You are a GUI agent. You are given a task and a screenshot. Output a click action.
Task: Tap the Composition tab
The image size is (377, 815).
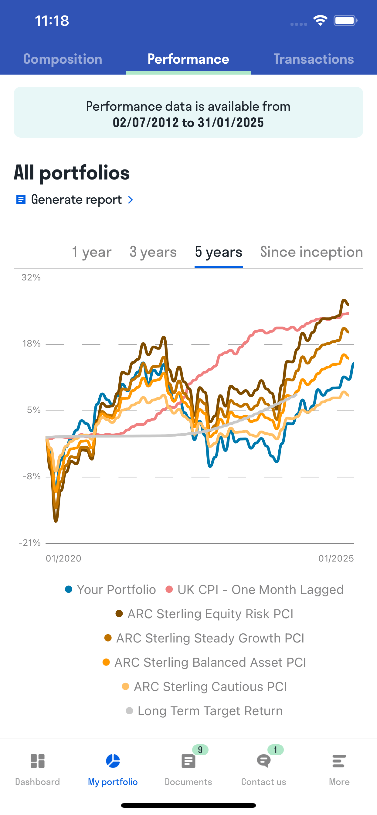coord(63,59)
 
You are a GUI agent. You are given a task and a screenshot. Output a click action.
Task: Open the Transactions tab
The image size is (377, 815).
coord(314,59)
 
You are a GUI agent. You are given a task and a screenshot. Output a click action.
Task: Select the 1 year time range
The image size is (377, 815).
coord(92,252)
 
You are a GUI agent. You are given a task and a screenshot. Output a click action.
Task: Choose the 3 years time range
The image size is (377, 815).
coord(153,252)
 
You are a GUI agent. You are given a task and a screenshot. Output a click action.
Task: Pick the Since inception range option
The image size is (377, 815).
coord(311,252)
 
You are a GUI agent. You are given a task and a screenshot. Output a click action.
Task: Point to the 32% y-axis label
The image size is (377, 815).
coord(31,277)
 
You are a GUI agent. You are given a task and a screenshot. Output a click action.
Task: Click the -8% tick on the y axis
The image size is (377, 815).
coord(31,476)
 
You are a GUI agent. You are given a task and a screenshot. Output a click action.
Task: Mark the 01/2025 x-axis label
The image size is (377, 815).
coord(336,558)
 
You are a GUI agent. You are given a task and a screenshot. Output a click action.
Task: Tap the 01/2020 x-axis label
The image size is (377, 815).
coord(64,558)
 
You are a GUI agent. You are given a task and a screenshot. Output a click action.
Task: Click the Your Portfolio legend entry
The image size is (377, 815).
coord(110,590)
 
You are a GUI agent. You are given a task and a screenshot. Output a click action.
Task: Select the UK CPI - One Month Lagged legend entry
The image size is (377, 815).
coord(255,590)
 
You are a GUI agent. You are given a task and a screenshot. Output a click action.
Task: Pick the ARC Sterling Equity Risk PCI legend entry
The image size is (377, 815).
coord(205,614)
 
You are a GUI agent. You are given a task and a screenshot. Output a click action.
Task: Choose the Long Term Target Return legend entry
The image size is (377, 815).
coord(204,711)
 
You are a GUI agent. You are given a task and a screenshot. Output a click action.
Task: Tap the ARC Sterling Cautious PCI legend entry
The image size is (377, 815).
coord(205,686)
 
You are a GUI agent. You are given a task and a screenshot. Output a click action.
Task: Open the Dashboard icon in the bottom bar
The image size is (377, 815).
coord(38,761)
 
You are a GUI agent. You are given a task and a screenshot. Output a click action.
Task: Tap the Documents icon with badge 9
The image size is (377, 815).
coord(188,761)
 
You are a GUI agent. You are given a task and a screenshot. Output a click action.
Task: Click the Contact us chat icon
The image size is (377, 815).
coord(263,761)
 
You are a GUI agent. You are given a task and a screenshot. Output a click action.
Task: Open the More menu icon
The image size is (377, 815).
coord(339,761)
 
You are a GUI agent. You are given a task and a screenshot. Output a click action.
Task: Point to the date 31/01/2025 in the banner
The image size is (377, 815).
coord(231,123)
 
